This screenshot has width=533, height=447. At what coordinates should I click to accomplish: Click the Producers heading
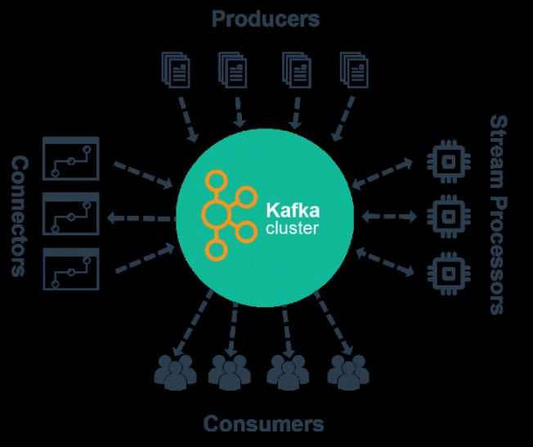tap(266, 18)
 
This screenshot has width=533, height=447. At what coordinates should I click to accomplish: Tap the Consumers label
tap(263, 424)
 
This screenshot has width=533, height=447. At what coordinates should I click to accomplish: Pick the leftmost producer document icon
tap(173, 70)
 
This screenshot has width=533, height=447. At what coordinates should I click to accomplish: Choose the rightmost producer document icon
tap(354, 70)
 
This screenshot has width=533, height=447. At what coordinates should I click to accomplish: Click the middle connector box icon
tap(70, 214)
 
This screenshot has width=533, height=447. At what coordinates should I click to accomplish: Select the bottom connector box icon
tap(70, 269)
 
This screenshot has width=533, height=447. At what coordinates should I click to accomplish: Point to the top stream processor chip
tap(446, 160)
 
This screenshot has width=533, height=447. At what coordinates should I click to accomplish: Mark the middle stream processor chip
tap(446, 215)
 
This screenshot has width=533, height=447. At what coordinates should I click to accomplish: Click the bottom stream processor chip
tap(446, 269)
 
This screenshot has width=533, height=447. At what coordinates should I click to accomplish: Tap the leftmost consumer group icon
tap(175, 371)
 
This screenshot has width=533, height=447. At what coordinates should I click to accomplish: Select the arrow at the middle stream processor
tap(392, 216)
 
